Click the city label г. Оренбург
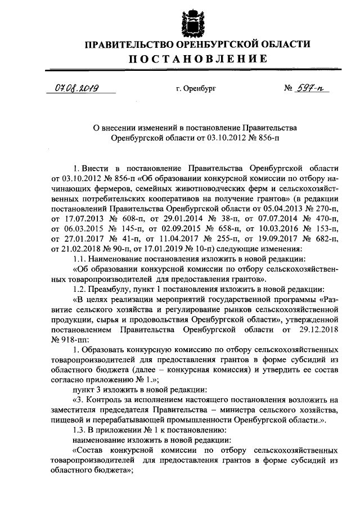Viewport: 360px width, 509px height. (195, 89)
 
